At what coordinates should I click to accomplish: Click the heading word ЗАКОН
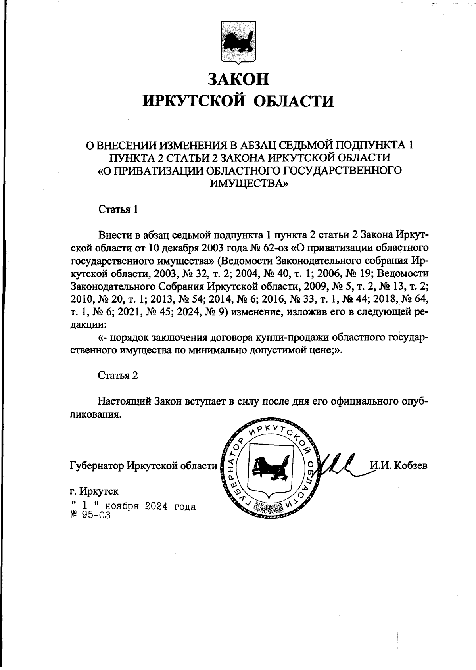tap(238, 79)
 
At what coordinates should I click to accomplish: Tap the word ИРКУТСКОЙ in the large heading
tap(194, 101)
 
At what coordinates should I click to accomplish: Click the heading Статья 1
tap(118, 209)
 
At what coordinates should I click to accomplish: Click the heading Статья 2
tap(118, 375)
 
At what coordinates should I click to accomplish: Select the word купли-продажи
tap(297, 337)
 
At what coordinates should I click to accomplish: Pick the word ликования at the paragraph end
tap(94, 414)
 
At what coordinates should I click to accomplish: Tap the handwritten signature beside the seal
tap(337, 463)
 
